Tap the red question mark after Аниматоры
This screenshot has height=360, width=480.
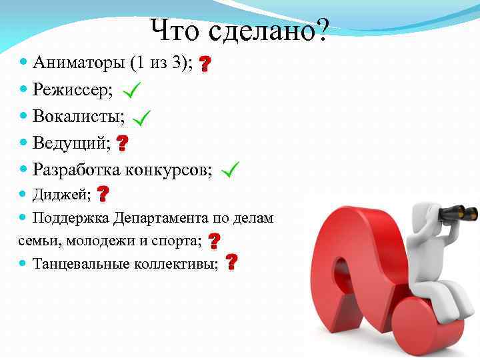tap(205, 64)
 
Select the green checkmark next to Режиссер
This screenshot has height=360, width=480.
tap(131, 89)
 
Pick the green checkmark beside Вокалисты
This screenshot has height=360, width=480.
tap(141, 118)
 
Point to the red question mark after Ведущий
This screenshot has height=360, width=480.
tap(123, 143)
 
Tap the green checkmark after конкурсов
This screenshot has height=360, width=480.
tap(230, 171)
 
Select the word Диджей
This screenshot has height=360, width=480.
tap(61, 195)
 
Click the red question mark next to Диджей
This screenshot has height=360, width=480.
tap(103, 194)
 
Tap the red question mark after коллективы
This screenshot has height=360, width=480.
tap(231, 262)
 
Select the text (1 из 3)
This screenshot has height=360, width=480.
tap(161, 63)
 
